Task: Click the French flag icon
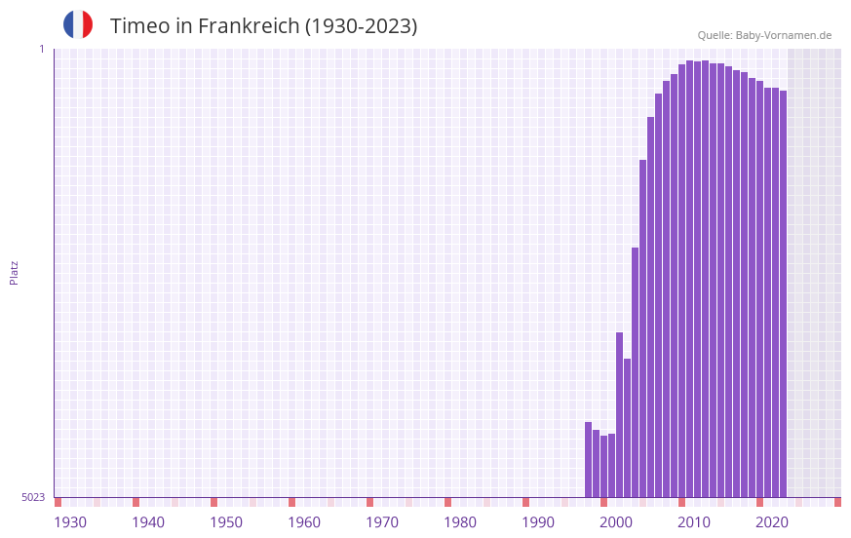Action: (78, 24)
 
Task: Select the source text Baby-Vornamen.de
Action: (783, 35)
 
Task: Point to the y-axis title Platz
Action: (14, 272)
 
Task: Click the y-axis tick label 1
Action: (42, 49)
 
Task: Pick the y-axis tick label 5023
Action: (33, 497)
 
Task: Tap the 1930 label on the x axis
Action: (70, 522)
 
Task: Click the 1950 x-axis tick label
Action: (226, 522)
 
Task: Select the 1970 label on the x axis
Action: (382, 522)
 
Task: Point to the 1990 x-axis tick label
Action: (538, 522)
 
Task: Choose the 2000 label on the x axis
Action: (616, 522)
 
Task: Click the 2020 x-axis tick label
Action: (772, 522)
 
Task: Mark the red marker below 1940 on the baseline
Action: (135, 502)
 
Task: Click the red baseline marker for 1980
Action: (447, 502)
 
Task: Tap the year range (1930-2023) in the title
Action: (362, 26)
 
